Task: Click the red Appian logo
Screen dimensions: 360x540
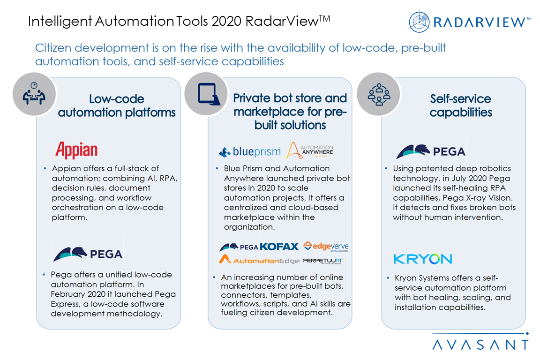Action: click(x=76, y=151)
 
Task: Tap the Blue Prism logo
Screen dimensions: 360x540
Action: click(x=249, y=151)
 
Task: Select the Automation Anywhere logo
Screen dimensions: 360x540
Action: click(x=310, y=150)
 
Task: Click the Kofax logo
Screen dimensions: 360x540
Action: click(x=279, y=246)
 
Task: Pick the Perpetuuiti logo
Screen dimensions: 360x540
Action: click(x=323, y=260)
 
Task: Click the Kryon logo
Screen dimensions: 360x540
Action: click(x=423, y=259)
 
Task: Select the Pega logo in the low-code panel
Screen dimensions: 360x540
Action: click(x=88, y=253)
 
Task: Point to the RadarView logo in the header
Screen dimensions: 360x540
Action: click(x=469, y=22)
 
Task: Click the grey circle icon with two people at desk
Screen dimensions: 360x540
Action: click(x=34, y=94)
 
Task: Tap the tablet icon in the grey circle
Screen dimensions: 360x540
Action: click(x=206, y=94)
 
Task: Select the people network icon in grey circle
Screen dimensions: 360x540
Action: click(x=379, y=94)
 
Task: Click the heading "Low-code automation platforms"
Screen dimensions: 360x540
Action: click(x=117, y=105)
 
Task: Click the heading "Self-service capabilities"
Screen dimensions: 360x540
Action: click(x=461, y=105)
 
